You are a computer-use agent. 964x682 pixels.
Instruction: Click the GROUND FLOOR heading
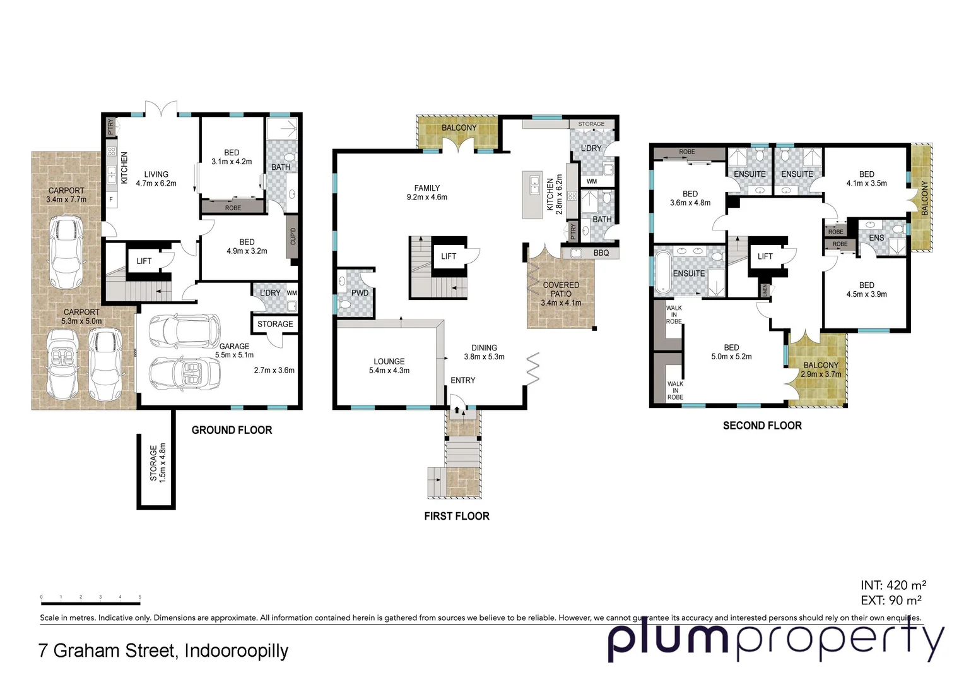pos(232,430)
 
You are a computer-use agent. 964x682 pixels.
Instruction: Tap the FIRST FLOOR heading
pos(456,516)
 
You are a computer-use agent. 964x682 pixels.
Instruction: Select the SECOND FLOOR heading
pos(762,426)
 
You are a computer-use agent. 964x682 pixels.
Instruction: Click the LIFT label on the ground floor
pos(144,261)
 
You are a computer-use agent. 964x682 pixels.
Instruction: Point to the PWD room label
pos(360,293)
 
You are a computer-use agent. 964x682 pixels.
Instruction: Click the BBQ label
pos(601,253)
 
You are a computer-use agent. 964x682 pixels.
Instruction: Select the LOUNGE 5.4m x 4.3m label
pos(389,366)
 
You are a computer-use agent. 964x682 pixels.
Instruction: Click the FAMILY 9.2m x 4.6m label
pos(426,193)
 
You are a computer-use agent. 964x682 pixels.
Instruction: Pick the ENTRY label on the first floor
pos(462,380)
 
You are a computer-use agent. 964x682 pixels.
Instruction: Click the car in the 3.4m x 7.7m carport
pos(67,252)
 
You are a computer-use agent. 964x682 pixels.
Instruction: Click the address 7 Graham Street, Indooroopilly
pos(163,650)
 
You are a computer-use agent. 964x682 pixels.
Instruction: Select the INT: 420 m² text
pos(893,585)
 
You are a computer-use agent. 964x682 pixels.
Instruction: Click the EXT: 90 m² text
pos(891,601)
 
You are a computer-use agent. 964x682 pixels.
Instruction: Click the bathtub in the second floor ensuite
pos(663,273)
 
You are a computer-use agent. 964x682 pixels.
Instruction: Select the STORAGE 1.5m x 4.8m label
pos(157,463)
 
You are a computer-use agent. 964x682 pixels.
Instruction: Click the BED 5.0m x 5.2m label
pos(731,352)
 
